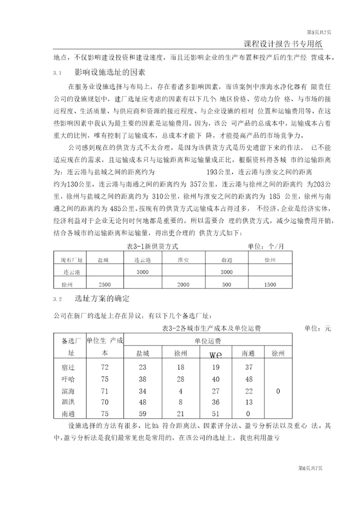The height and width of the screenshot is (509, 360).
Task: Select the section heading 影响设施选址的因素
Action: [x=109, y=73]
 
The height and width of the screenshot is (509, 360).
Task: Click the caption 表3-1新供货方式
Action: [x=151, y=246]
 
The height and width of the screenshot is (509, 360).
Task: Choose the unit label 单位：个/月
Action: [x=265, y=246]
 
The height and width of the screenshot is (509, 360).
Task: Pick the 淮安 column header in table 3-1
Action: [x=183, y=260]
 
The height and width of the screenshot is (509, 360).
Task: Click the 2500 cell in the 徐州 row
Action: [x=104, y=284]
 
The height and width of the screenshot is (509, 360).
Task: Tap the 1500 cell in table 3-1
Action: [x=269, y=284]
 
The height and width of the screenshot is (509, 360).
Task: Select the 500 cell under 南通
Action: [x=226, y=284]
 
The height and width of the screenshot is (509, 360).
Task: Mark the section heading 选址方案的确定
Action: [x=102, y=299]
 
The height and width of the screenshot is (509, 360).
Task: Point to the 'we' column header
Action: [x=215, y=354]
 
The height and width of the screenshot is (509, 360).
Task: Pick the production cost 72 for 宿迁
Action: [x=104, y=367]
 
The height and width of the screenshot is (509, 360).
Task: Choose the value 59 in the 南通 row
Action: [x=142, y=413]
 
